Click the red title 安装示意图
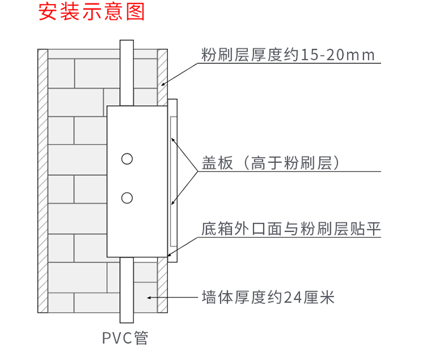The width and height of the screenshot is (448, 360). (92, 13)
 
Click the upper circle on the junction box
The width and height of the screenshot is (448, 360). (126, 159)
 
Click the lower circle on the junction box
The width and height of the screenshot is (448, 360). (126, 197)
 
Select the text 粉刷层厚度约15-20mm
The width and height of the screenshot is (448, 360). (288, 56)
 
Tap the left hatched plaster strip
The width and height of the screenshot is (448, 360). (42, 179)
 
